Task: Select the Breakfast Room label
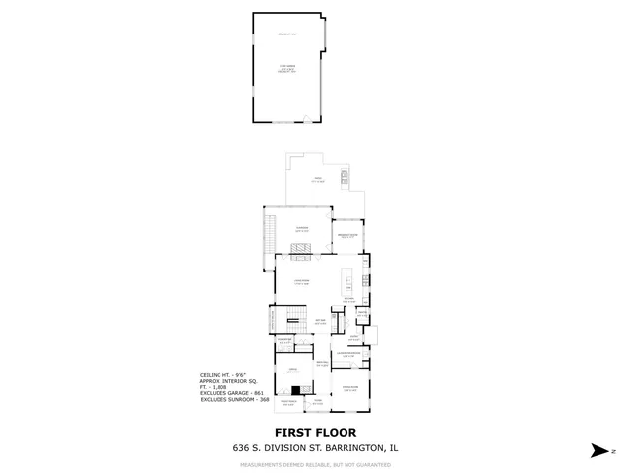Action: pos(346,236)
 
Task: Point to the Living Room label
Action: pos(303,282)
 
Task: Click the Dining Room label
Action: pos(349,390)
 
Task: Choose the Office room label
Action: pos(291,371)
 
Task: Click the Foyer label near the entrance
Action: pos(317,403)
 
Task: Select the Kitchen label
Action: pos(349,300)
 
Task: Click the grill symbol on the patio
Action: pos(345,177)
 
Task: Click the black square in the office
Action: pos(295,389)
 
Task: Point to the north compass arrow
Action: pos(598,449)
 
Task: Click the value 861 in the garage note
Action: pos(258,393)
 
